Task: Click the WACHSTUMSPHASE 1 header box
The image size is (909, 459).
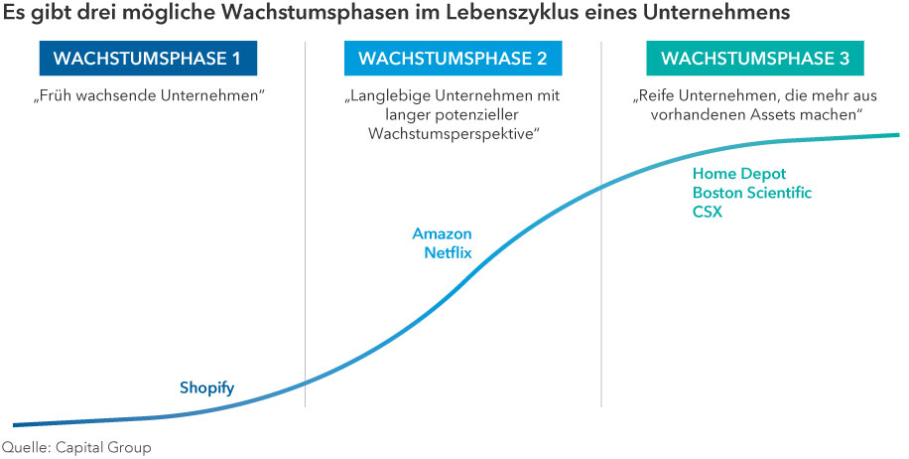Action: point(146,59)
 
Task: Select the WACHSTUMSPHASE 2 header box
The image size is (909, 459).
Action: point(453,59)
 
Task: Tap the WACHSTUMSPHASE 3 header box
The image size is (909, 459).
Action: point(754,59)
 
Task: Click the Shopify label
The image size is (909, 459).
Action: point(206,387)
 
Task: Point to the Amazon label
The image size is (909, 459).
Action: point(442,234)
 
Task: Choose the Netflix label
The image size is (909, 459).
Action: point(448,253)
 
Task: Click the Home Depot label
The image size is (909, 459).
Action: point(738,174)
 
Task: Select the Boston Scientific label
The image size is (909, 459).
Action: point(751,193)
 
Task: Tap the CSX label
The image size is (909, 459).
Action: point(708,212)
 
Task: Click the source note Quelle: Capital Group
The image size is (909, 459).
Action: point(76,447)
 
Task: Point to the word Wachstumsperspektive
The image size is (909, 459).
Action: point(453,133)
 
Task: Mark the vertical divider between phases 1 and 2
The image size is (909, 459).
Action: point(305,229)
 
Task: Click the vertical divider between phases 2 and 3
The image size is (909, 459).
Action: point(601,229)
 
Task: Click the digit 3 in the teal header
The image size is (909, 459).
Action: point(844,59)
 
